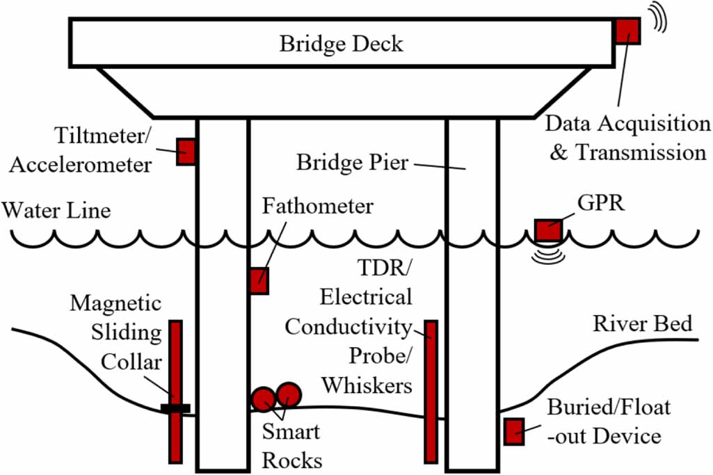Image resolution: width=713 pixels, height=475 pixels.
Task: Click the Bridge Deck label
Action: point(341,44)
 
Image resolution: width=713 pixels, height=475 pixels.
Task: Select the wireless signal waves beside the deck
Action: point(659,18)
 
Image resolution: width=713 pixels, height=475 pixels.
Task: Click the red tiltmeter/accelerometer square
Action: point(186,151)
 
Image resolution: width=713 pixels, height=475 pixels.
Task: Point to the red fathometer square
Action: point(259,280)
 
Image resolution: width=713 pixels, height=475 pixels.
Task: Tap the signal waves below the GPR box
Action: point(547,256)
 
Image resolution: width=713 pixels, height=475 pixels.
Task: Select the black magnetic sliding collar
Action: point(175,408)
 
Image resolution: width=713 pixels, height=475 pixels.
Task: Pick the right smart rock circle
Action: point(288,395)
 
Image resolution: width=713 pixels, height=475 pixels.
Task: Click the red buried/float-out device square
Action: point(514,431)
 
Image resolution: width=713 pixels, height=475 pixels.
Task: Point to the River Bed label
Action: point(642,323)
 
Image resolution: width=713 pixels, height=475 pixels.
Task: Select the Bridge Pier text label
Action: point(352,163)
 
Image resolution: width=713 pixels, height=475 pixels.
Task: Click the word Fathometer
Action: point(317,207)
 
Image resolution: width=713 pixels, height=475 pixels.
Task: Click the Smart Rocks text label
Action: point(291,446)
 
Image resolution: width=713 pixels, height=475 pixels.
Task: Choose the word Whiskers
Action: point(367,384)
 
